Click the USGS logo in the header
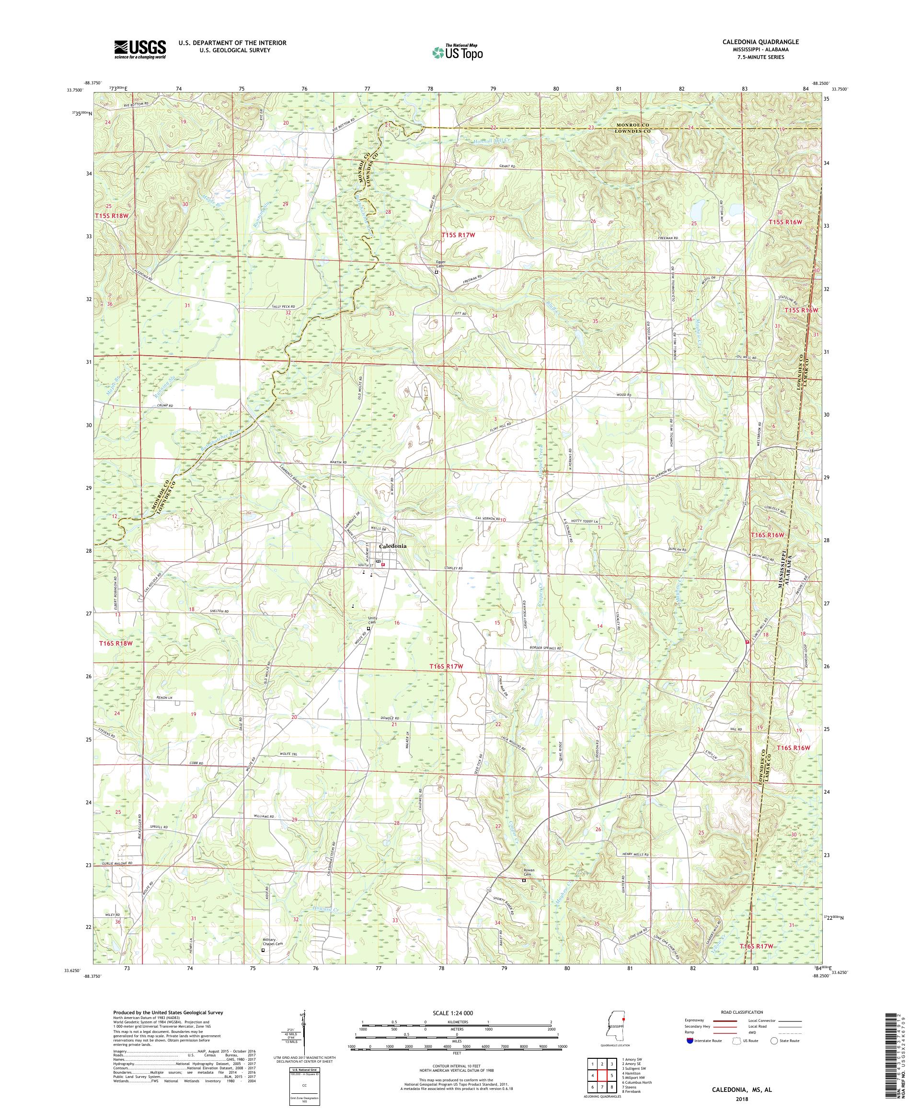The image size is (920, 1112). pyautogui.click(x=140, y=50)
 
